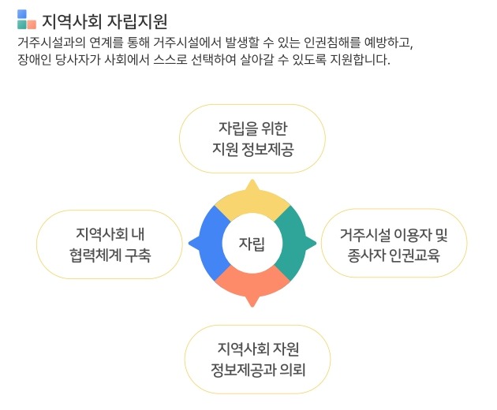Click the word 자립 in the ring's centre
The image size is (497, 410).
click(x=252, y=243)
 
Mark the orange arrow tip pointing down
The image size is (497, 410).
click(x=252, y=302)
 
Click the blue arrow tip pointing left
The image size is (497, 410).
click(x=193, y=243)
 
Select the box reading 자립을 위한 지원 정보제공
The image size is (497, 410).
click(x=252, y=138)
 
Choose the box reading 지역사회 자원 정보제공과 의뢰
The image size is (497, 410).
click(x=257, y=358)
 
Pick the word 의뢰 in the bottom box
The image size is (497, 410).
click(x=293, y=369)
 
